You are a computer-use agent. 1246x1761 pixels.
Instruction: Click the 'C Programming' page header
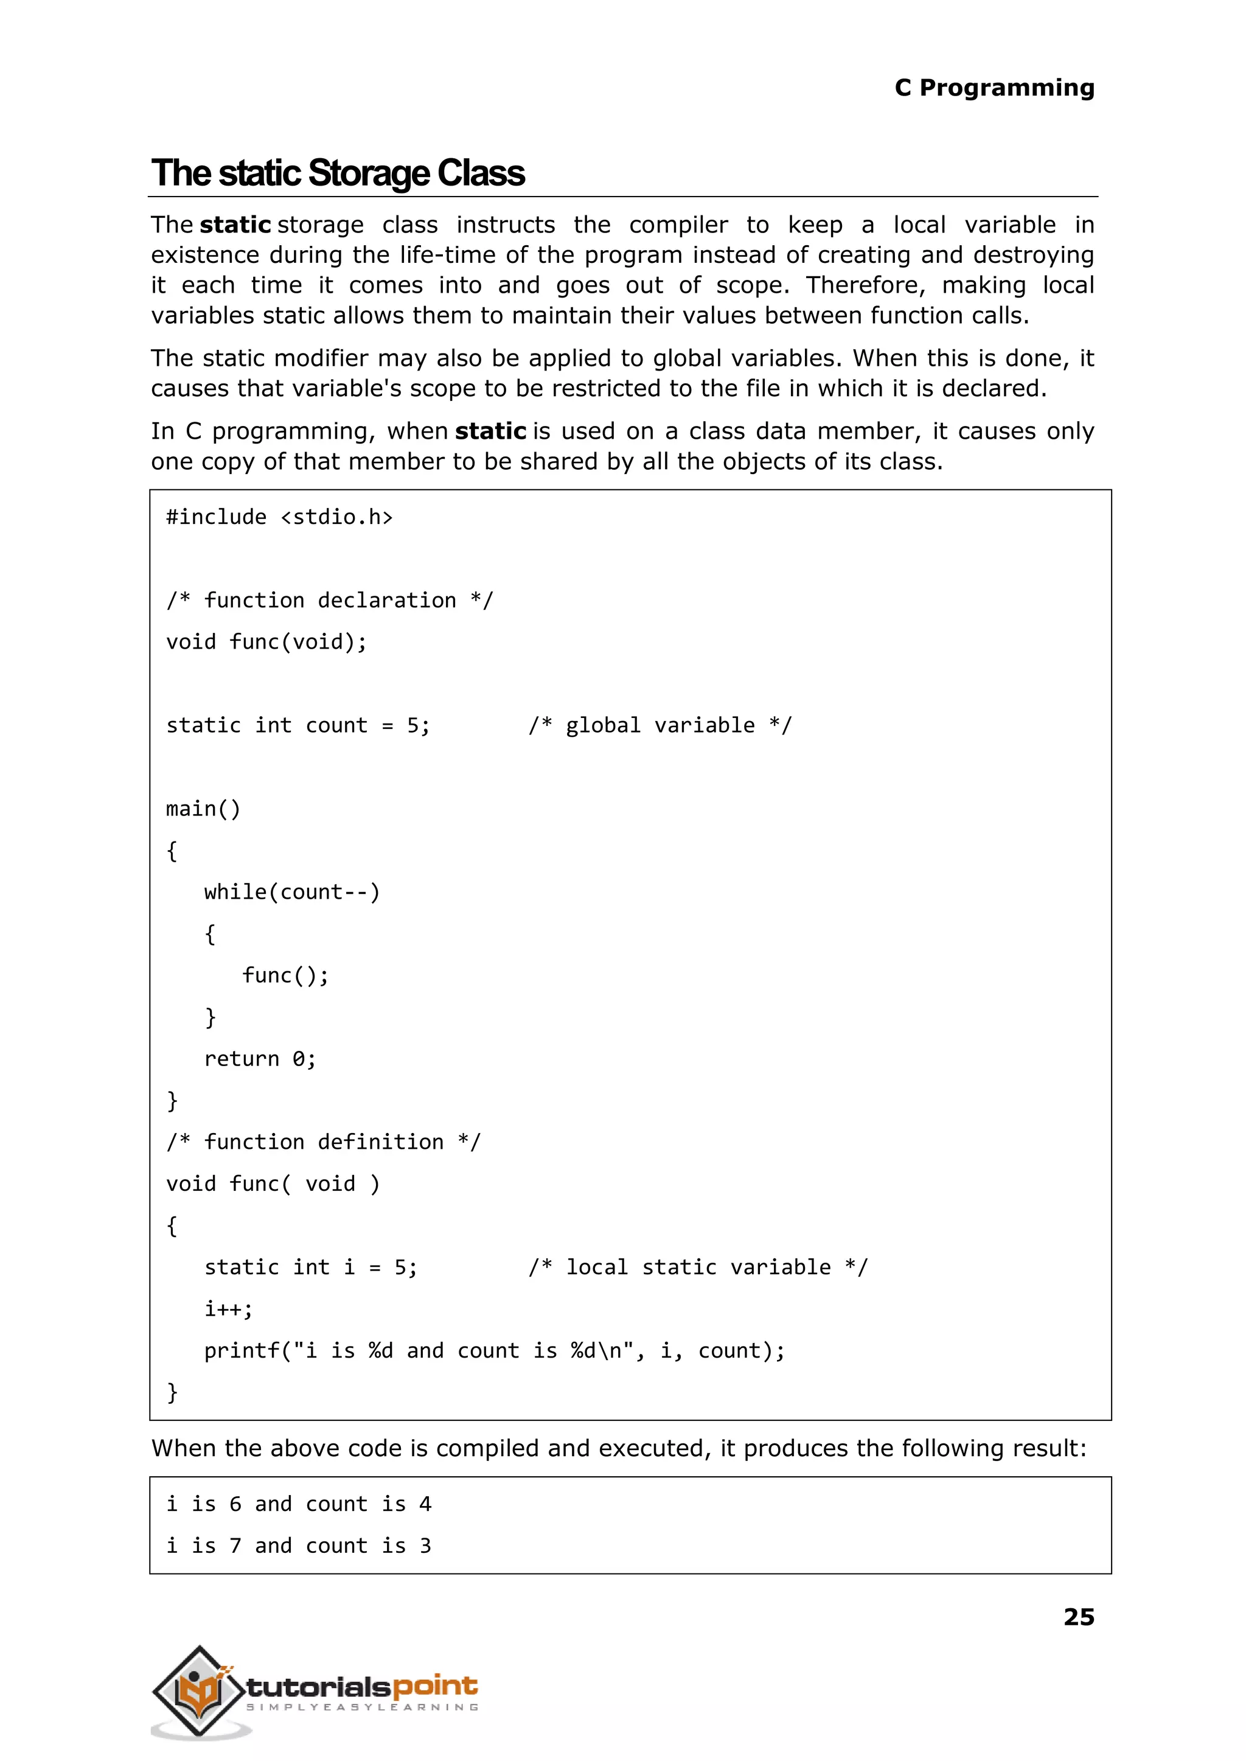[994, 88]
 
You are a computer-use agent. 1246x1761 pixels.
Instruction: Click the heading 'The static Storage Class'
[338, 173]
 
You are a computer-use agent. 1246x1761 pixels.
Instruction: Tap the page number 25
[1078, 1617]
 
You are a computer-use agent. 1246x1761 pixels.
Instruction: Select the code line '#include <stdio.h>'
[279, 517]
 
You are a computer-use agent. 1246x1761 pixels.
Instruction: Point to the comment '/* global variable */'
[660, 725]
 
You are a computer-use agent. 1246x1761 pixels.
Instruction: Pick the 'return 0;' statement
[259, 1059]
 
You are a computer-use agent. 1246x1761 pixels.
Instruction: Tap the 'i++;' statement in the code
[228, 1308]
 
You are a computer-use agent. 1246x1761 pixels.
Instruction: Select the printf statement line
[494, 1350]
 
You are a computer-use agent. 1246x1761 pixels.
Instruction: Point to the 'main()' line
[203, 809]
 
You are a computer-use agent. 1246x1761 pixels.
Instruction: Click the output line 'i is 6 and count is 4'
[299, 1504]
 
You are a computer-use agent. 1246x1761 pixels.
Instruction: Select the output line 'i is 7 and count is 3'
[299, 1546]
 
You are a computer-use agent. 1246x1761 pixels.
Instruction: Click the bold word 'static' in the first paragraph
[235, 225]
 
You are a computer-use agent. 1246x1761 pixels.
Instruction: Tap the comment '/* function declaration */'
[330, 600]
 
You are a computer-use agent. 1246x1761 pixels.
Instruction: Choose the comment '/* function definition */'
[323, 1142]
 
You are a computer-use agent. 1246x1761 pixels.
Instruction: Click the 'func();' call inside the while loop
[285, 975]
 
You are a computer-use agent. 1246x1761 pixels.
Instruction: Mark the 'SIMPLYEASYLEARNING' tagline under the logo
[362, 1707]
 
